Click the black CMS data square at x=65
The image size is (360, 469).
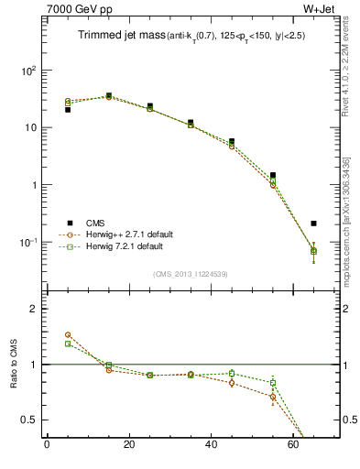pyautogui.click(x=314, y=223)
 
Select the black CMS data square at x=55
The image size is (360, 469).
pyautogui.click(x=273, y=175)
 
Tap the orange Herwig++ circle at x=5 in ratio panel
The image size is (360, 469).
pyautogui.click(x=68, y=335)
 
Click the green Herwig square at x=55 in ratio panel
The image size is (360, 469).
pyautogui.click(x=273, y=383)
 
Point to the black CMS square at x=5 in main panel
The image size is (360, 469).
pyautogui.click(x=68, y=110)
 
